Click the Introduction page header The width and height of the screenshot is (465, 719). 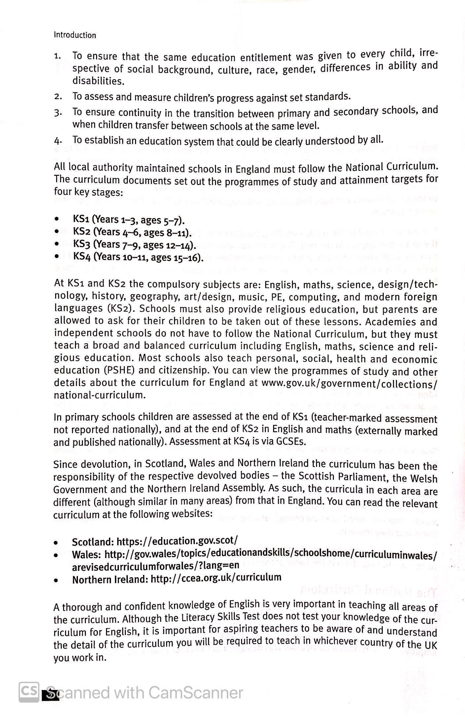pos(75,35)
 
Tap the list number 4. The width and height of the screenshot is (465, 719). pos(57,141)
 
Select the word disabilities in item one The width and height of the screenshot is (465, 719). pos(98,81)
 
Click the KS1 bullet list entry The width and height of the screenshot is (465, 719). pos(128,220)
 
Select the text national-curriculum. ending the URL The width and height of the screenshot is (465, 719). pos(99,395)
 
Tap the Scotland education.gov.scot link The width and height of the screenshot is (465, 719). pos(177,541)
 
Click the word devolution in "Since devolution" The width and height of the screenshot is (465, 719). pos(104,464)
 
